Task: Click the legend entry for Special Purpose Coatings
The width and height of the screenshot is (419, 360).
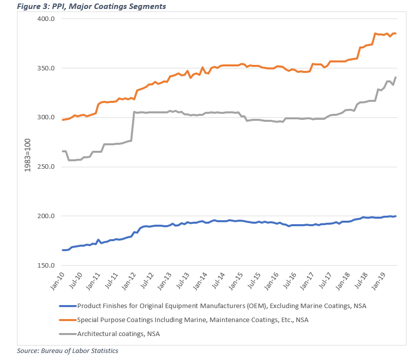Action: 193,320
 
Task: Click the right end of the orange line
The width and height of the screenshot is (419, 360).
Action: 396,33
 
